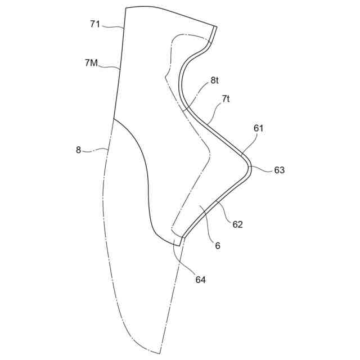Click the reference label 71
(95, 24)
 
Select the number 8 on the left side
(79, 150)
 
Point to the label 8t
(214, 80)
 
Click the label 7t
(226, 98)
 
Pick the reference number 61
(259, 128)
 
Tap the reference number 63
(280, 170)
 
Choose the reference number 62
(237, 224)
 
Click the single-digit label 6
(218, 246)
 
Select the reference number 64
(200, 279)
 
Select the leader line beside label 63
(261, 168)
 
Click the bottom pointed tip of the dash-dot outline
(160, 353)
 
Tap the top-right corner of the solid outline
(217, 26)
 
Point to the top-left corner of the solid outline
(126, 8)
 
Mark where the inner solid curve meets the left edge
(114, 119)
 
